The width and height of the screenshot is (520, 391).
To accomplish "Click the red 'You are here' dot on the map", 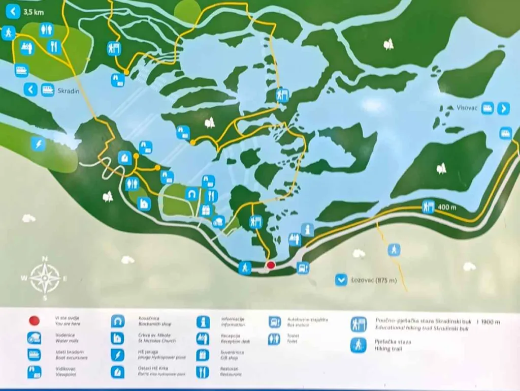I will tap(271, 265).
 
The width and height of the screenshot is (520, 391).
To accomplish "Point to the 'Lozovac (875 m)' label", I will tap(373, 280).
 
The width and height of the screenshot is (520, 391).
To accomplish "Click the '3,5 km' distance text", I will tap(34, 11).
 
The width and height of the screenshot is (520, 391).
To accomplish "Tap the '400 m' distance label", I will tap(447, 207).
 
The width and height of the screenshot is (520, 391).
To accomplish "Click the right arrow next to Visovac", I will tap(503, 108).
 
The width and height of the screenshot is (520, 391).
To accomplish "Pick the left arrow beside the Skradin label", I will tap(31, 90).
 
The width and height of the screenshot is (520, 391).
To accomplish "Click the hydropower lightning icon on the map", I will tap(38, 144).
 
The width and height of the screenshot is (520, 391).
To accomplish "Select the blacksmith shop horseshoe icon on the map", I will tap(192, 194).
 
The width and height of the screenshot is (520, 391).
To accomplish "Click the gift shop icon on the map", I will tap(206, 209).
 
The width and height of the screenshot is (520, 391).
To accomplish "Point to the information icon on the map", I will tap(307, 230).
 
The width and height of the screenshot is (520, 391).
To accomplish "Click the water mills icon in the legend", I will tap(35, 338).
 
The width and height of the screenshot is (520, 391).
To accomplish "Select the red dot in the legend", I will tap(35, 321).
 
